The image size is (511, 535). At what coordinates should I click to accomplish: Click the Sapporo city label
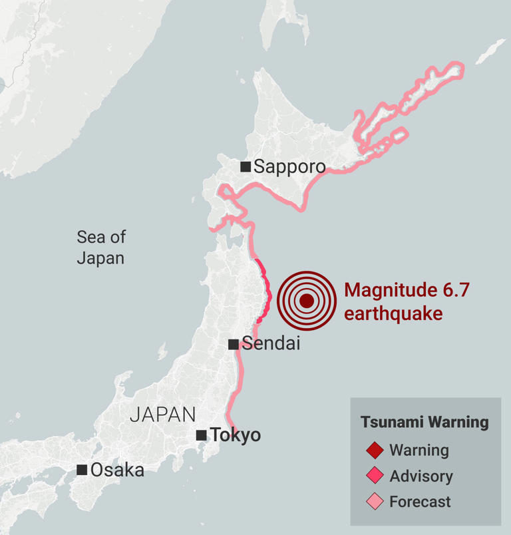coord(289,167)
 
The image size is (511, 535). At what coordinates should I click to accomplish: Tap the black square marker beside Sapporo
coord(246,166)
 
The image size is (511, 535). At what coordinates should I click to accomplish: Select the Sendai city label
coord(271,344)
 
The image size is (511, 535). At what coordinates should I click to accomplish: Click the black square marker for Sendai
coord(234,344)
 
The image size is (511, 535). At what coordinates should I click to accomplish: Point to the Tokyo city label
coord(235,435)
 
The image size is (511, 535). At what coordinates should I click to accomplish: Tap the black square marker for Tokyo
coord(201,435)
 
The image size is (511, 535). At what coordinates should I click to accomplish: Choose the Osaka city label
coord(117,470)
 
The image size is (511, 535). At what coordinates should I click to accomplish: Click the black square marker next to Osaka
coord(82,470)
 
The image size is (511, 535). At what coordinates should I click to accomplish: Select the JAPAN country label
coord(162,415)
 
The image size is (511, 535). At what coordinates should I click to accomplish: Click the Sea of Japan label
coord(100,248)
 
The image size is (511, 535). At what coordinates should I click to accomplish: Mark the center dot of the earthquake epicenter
coord(306,301)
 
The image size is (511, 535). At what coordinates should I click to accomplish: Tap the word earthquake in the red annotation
coord(393,313)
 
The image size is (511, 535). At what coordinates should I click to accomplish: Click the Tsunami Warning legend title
coord(425,422)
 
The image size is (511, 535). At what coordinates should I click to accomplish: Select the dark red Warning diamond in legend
coord(375,450)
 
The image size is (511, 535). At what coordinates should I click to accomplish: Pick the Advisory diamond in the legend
coord(375,476)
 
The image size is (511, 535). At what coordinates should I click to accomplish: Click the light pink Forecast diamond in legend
coord(375,501)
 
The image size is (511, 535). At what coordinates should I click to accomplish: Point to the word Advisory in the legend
coord(421,476)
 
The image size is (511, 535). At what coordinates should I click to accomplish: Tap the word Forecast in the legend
coord(420,501)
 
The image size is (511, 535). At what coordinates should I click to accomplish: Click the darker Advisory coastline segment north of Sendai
coord(267,293)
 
